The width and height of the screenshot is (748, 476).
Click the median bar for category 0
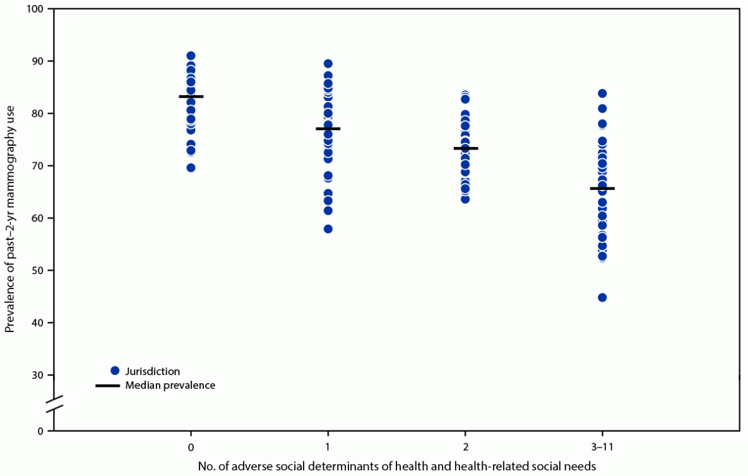point(191,97)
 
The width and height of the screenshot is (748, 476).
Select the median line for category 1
point(328,129)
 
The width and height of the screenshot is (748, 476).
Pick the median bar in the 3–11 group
point(602,188)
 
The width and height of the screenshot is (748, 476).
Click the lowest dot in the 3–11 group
point(602,297)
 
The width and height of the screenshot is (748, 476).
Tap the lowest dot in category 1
point(328,229)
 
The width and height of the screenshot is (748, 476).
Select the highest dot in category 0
point(191,56)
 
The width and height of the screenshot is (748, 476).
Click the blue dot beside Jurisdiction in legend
point(114,371)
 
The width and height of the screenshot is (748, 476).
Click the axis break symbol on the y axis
point(54,404)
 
